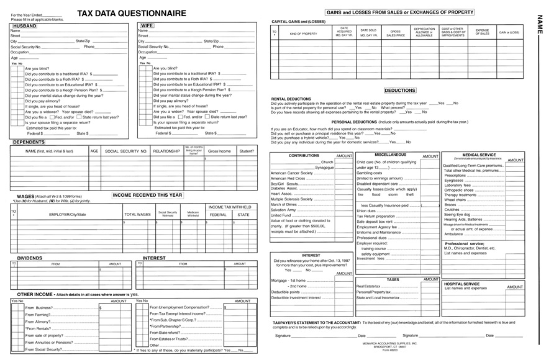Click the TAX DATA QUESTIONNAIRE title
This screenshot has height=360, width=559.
[131, 13]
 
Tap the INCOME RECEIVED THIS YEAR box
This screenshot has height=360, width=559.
[148, 194]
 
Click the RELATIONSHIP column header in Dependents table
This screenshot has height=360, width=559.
[166, 151]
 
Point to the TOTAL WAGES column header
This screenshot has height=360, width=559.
[137, 214]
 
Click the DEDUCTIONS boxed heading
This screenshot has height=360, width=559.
[399, 91]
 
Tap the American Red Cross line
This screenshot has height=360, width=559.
[288, 178]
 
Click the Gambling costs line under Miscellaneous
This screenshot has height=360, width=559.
[369, 173]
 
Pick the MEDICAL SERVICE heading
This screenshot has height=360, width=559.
[479, 155]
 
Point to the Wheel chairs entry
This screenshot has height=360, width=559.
[455, 200]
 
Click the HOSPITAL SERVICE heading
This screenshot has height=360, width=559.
[462, 284]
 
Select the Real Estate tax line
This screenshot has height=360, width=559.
[369, 286]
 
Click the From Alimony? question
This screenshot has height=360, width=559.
[38, 322]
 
